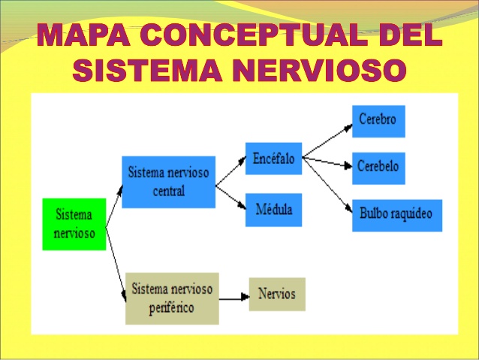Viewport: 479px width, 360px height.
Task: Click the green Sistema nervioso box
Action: tap(74, 224)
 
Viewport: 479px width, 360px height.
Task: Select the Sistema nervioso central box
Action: tap(168, 181)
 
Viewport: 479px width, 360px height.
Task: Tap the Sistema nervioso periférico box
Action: tap(172, 298)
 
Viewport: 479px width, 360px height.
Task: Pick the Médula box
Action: tap(273, 209)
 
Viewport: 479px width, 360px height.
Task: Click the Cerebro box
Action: tap(378, 121)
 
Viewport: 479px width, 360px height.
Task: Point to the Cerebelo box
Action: tap(378, 168)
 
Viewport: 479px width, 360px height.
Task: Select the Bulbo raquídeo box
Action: tap(396, 215)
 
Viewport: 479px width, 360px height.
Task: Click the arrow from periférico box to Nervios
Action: tap(233, 297)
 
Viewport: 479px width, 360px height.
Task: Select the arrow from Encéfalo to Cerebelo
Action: tap(327, 162)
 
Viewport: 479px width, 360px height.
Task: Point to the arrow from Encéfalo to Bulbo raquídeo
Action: tap(327, 183)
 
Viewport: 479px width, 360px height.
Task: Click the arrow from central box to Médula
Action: tap(230, 195)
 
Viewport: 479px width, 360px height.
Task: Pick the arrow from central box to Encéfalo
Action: tap(230, 171)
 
